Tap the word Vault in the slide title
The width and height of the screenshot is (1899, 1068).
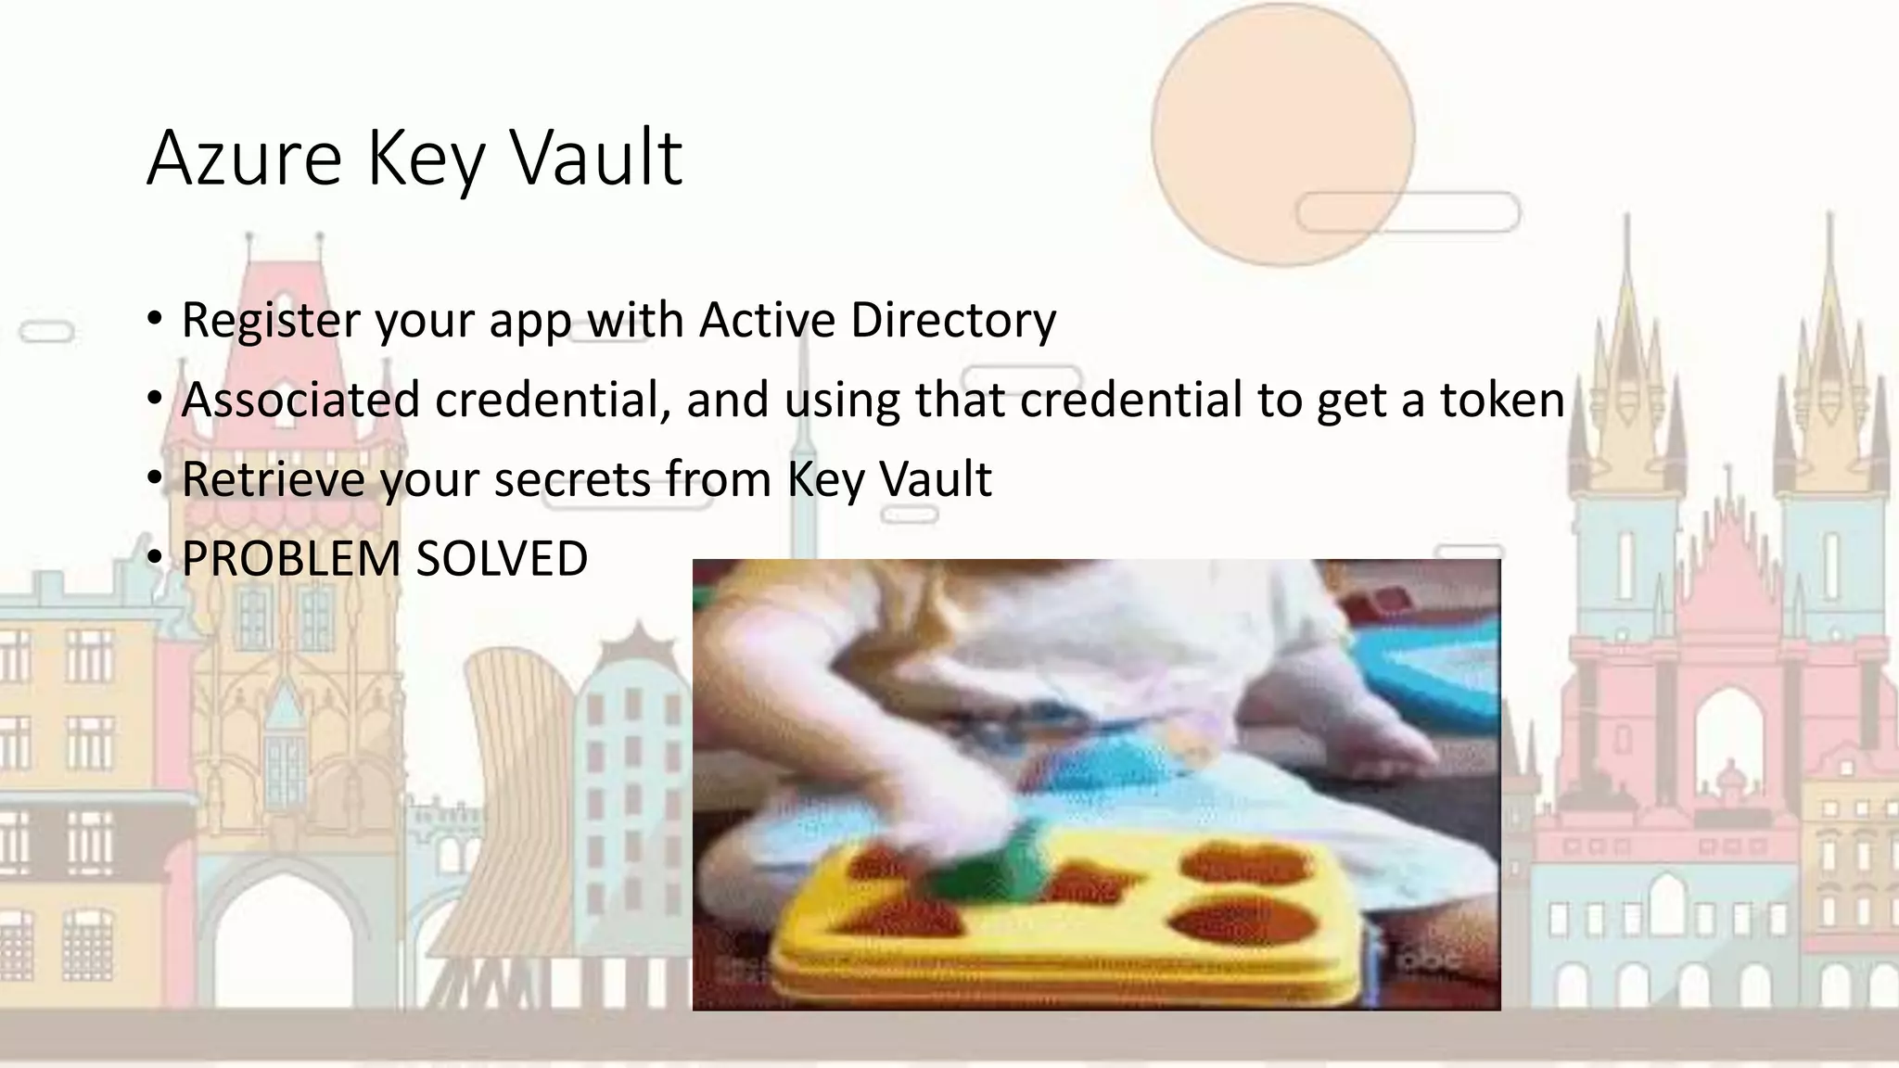pos(597,159)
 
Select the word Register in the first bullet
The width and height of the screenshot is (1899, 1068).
pos(270,320)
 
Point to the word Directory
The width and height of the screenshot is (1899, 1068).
pos(953,320)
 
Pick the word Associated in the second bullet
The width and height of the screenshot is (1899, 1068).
pos(300,400)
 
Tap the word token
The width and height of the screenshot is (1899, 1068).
pos(1502,400)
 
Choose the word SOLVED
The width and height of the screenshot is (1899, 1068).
pos(502,559)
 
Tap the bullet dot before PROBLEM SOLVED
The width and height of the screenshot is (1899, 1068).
pos(155,558)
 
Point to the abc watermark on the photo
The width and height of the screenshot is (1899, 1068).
pos(1429,960)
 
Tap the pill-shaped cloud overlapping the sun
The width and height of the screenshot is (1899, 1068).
pos(1408,212)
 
